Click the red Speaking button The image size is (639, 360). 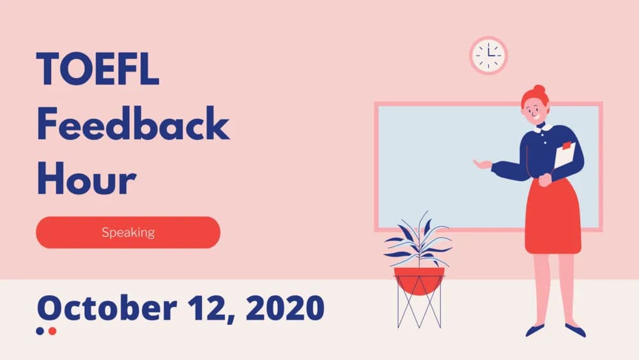point(128,232)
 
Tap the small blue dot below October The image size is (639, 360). point(40,331)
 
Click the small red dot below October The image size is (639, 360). point(52,331)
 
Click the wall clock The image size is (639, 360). point(489,56)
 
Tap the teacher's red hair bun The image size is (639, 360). point(539,90)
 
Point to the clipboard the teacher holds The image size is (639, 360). point(564,157)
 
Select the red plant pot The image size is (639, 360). point(419,279)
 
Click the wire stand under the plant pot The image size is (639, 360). point(419,310)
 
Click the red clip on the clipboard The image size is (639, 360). point(566,145)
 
